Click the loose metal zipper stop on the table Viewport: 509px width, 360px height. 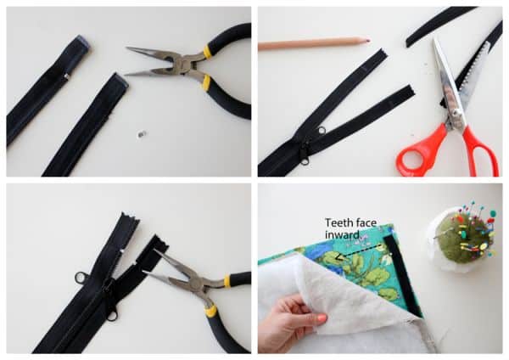tap(142, 134)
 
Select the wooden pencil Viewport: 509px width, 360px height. tap(314, 43)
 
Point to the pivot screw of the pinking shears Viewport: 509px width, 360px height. tap(457, 113)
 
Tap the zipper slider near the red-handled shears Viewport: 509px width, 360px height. tap(305, 154)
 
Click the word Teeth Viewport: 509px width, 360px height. tap(338, 223)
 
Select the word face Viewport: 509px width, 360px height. tap(366, 223)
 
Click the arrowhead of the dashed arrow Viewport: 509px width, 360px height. tap(338, 256)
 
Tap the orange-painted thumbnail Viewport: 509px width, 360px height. tap(322, 318)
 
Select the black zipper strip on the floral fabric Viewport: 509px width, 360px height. tap(403, 277)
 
